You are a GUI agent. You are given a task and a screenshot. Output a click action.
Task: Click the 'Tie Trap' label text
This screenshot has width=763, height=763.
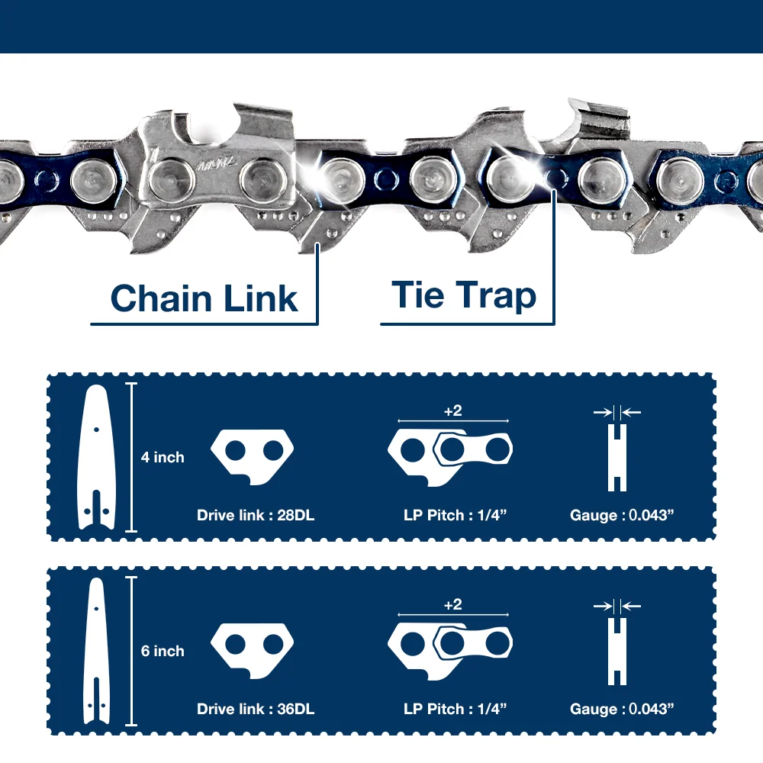(464, 295)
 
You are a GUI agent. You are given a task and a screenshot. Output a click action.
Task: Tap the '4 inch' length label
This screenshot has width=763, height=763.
(163, 457)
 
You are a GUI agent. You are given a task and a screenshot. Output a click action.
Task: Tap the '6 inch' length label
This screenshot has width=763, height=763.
(163, 651)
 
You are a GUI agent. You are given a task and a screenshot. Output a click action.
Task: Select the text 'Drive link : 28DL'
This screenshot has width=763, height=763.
(256, 515)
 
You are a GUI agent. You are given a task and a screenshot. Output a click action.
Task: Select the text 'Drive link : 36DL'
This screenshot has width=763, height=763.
(256, 709)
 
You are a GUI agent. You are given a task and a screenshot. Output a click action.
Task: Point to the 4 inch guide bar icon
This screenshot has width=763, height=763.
(96, 457)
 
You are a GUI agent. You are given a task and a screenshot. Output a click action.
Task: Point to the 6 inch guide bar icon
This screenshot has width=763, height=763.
(96, 651)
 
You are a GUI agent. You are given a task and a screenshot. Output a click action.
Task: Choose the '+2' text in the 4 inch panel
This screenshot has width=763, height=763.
(452, 411)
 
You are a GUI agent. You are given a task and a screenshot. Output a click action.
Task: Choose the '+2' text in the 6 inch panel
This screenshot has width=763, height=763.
(452, 605)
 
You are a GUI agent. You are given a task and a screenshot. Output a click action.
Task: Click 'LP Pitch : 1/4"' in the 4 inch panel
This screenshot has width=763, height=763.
(455, 515)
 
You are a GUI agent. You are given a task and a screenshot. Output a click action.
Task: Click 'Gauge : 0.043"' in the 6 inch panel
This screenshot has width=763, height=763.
(622, 709)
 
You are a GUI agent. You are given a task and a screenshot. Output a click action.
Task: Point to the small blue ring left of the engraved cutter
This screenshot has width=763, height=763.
(47, 181)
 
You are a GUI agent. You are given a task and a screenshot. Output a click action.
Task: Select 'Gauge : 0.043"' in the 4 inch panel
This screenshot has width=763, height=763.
(622, 515)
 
